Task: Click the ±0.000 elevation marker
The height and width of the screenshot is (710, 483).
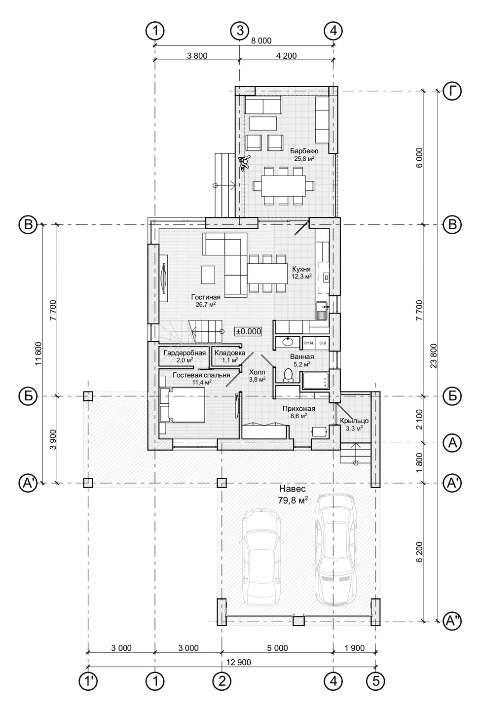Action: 248,331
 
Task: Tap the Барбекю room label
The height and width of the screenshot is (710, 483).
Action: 304,151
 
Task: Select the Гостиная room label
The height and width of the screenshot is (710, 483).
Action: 206,297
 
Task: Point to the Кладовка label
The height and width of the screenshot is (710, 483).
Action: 230,353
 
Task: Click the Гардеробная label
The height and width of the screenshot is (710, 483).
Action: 185,353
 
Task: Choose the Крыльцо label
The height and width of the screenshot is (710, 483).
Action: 354,421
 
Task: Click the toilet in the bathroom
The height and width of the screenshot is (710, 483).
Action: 288,375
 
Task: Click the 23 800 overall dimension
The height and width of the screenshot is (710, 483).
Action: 434,355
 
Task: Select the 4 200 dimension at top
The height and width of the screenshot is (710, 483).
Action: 286,56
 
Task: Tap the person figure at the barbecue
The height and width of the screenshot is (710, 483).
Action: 245,162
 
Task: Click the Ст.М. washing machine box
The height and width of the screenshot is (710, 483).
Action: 309,343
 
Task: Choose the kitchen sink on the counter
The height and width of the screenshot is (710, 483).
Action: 322,307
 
